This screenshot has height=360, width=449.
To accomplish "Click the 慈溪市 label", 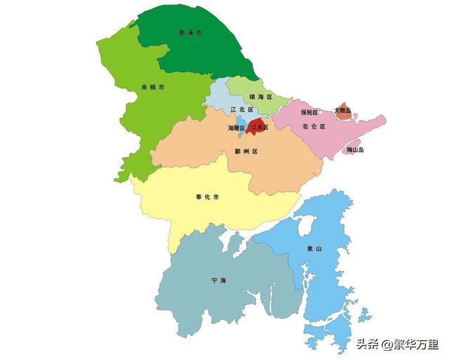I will pos(190,33).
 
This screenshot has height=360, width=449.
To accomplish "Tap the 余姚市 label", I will pos(153,88).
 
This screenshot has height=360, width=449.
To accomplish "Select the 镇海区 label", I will pos(260,97).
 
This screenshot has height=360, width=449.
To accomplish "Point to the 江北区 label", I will pos(242,109).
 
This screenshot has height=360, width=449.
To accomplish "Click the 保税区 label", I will pos(309,112).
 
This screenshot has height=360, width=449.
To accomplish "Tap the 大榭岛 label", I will pos(342,109).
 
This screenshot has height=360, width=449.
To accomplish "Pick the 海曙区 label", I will pos(236,128).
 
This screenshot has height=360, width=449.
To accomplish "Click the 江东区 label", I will pos(260,128).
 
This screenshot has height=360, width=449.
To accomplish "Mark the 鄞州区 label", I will pos(247,152).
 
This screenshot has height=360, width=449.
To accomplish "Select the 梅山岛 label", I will pos(356,149).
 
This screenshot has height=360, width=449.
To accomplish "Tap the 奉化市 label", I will pos(207,197).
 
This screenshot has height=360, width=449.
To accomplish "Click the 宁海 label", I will pos(219,280).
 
